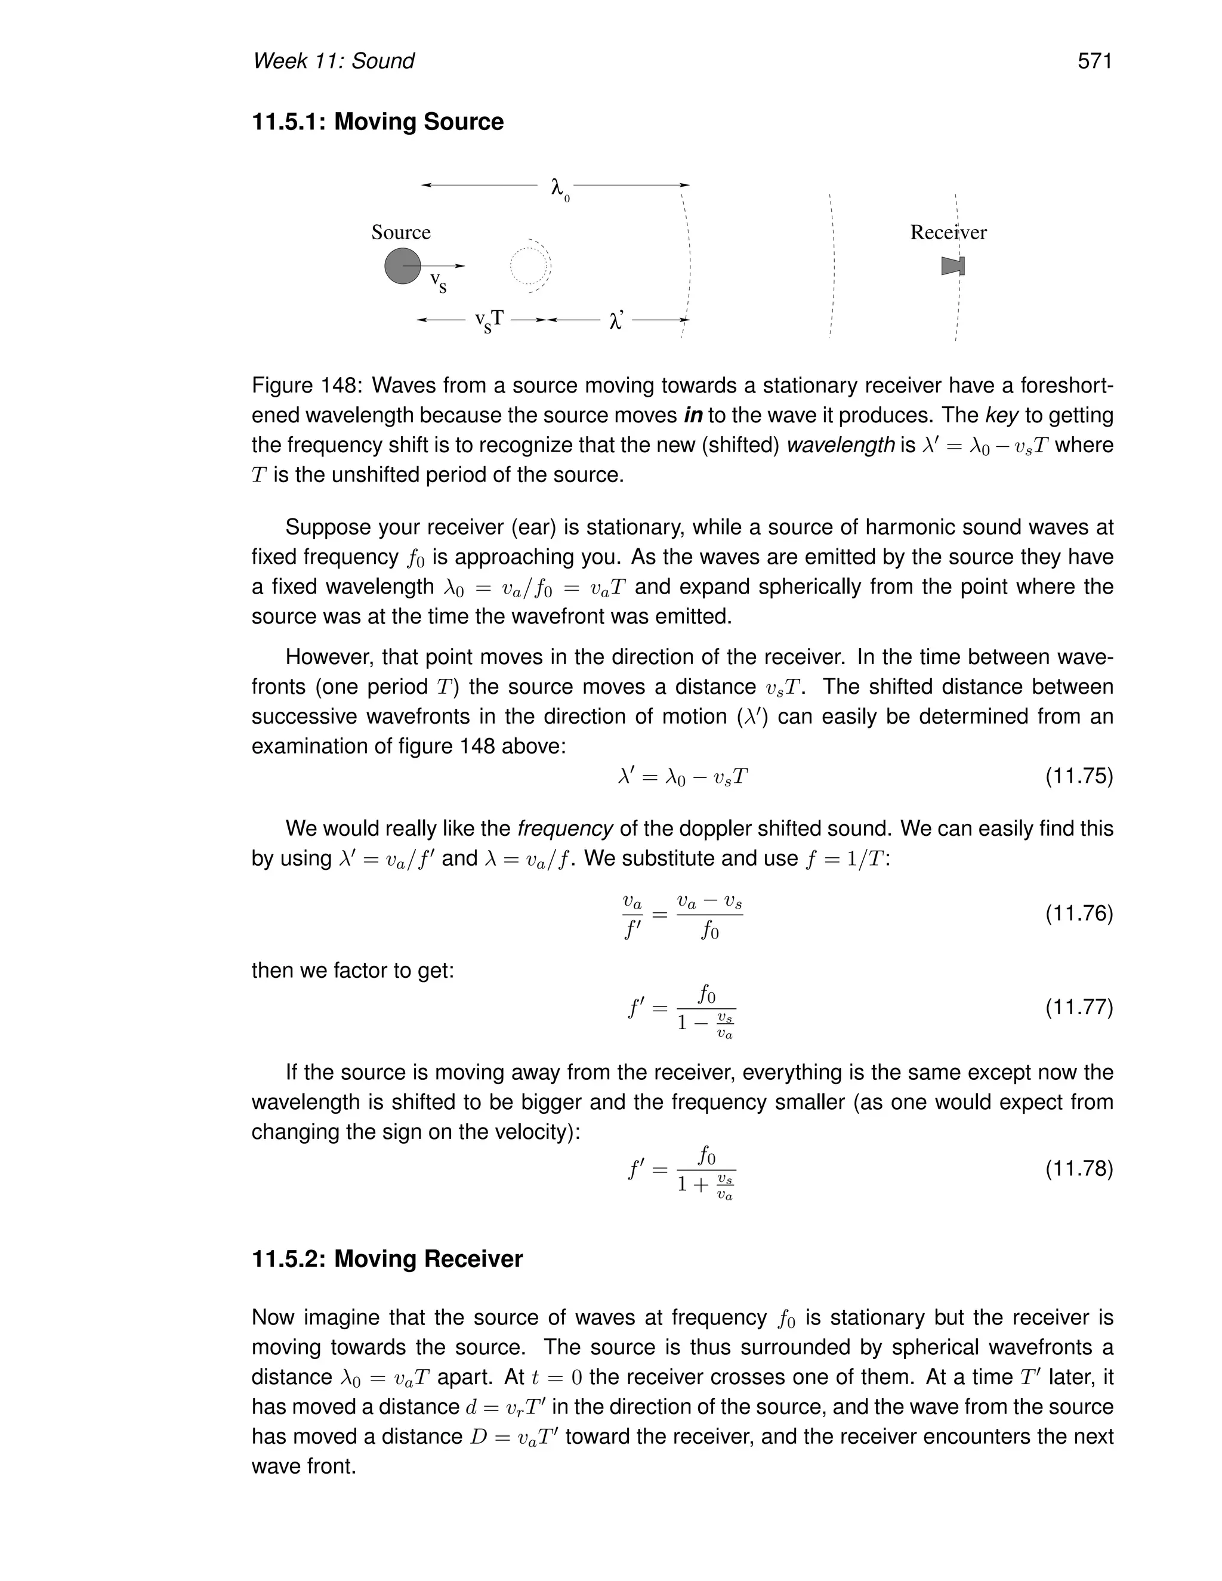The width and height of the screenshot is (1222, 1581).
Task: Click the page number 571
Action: [1094, 61]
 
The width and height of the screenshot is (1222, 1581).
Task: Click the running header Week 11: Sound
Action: [333, 61]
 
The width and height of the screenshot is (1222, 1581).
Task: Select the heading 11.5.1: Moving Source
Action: [377, 122]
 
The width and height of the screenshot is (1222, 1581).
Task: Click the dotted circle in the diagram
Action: [530, 265]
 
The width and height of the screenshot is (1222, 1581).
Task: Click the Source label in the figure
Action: [400, 232]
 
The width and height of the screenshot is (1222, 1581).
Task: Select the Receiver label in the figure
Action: [948, 232]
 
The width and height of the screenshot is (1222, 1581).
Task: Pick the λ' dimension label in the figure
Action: [616, 321]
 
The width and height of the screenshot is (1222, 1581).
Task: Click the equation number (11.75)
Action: [1079, 777]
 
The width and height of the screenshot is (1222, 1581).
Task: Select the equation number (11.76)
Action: [1079, 913]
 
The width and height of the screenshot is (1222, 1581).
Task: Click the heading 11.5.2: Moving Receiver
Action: [387, 1259]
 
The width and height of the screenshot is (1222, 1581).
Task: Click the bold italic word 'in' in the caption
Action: [693, 415]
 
